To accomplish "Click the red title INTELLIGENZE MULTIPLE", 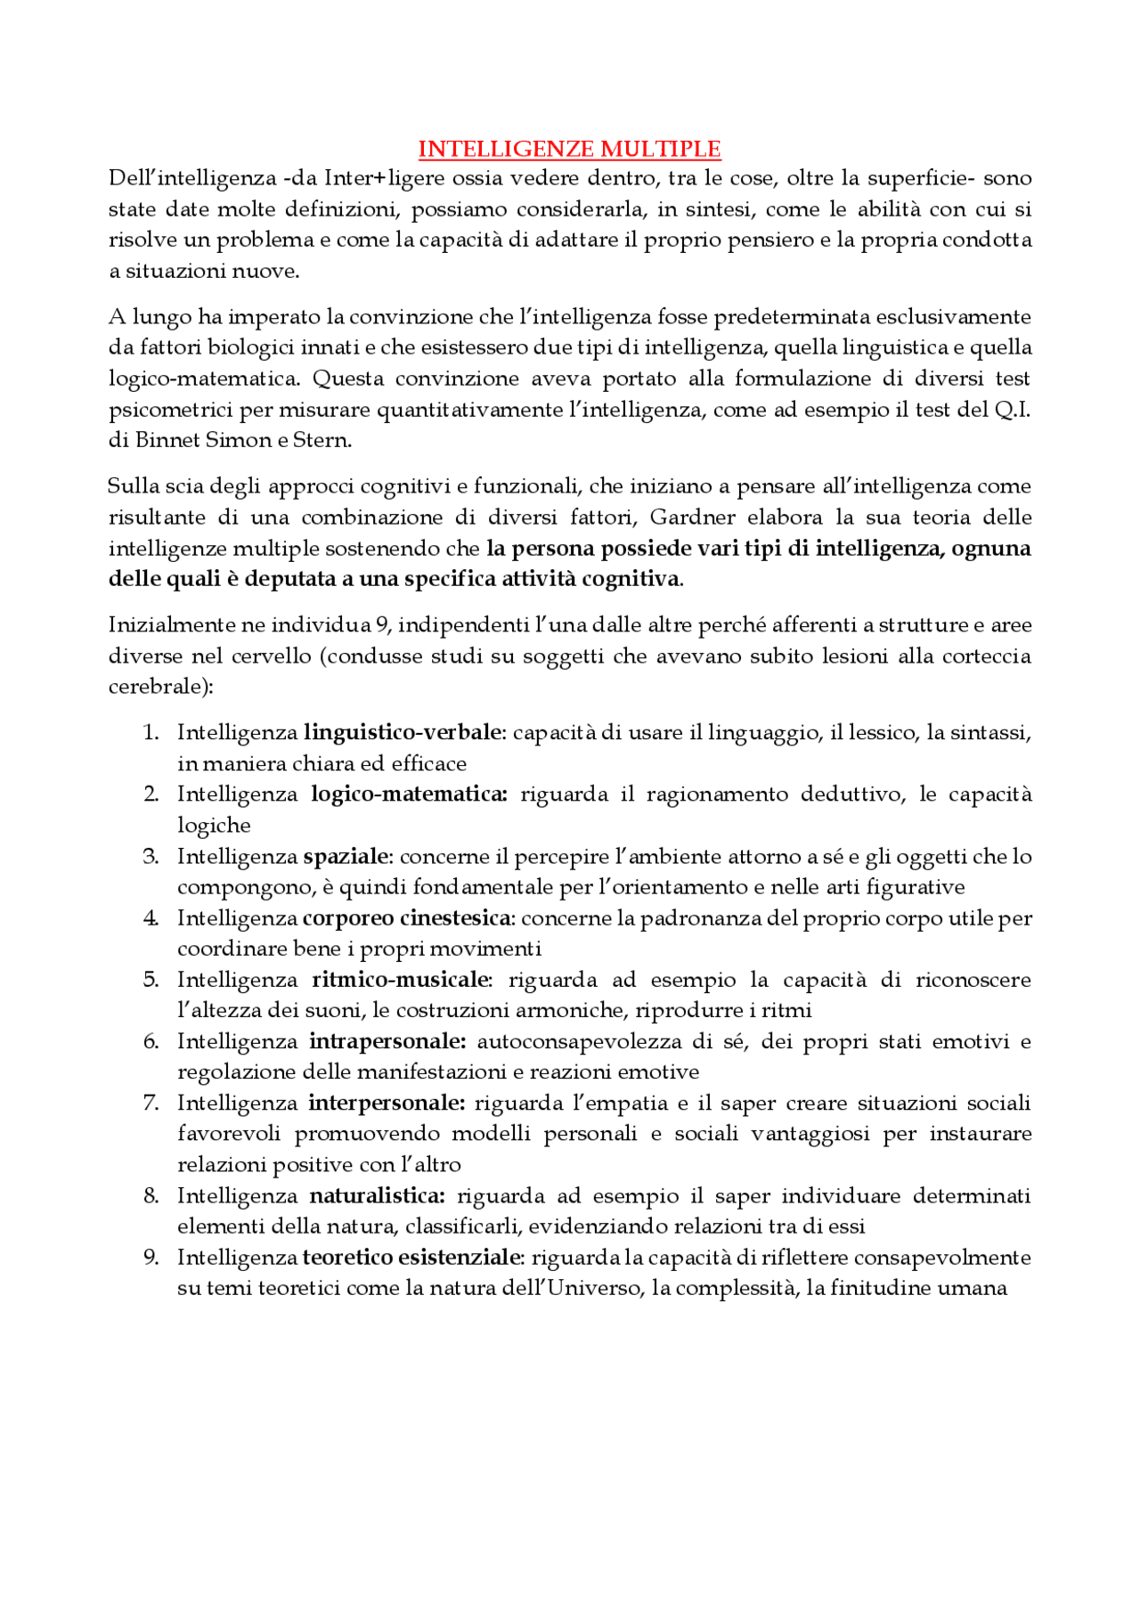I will click(x=569, y=149).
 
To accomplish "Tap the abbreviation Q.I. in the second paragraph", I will click(x=1012, y=410).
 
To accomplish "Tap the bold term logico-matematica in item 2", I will click(x=408, y=794).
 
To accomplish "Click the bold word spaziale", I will click(x=346, y=857).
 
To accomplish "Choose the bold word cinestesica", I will click(x=456, y=918).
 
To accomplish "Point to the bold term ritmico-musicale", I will click(x=401, y=980).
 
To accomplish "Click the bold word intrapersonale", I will click(x=387, y=1041).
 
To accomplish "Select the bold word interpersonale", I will click(x=386, y=1104).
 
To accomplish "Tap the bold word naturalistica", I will click(x=376, y=1196).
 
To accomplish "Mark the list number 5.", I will click(x=151, y=980).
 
